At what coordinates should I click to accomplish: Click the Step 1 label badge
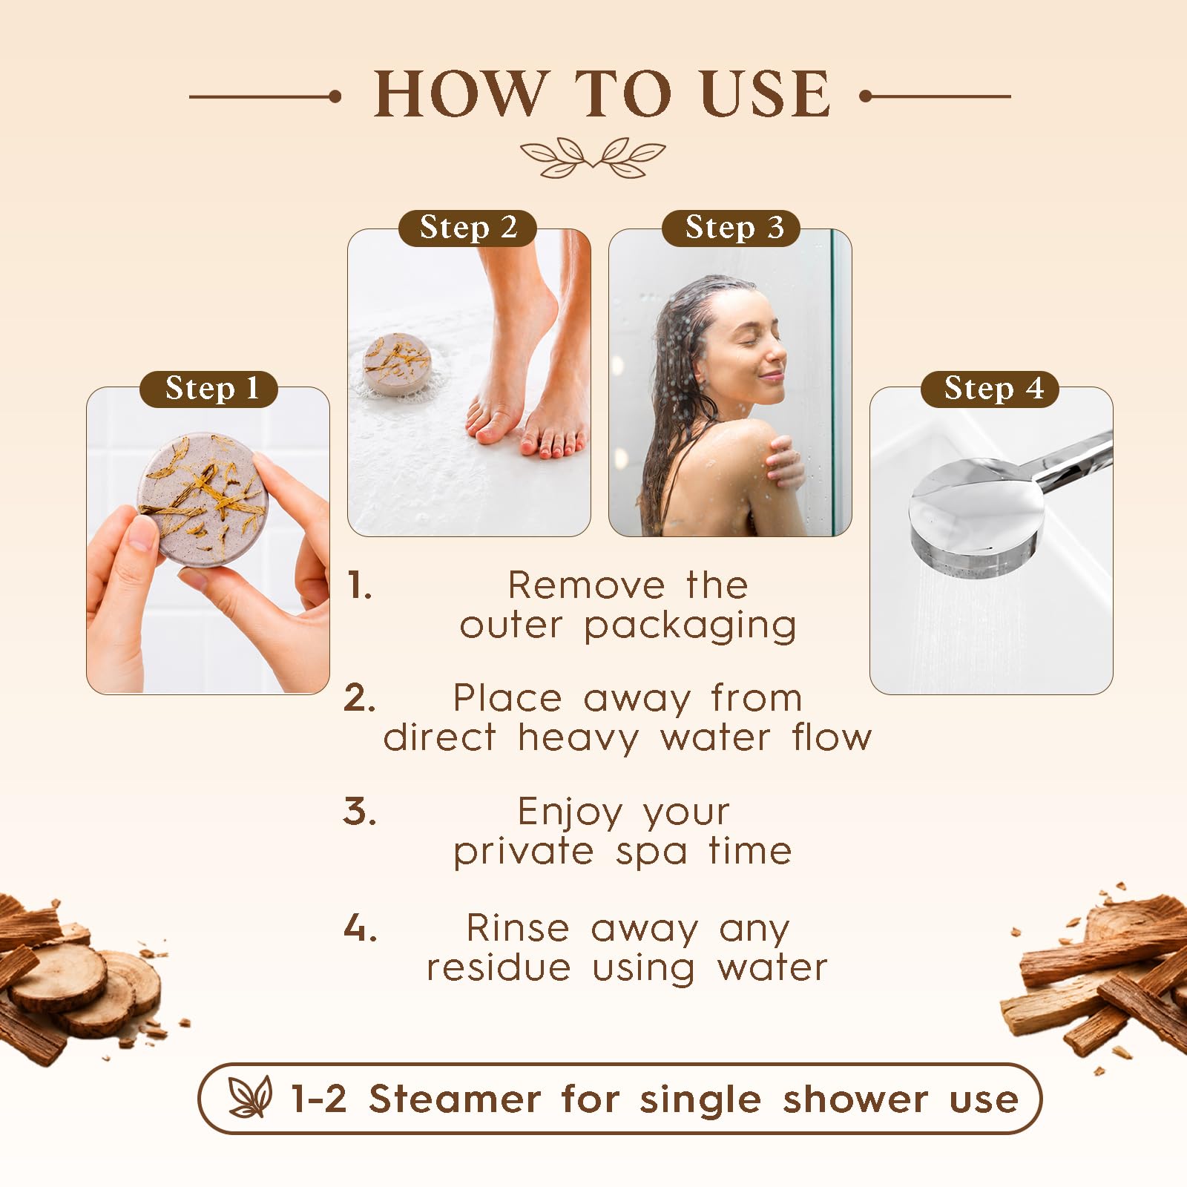208,389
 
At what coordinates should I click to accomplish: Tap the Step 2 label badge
467,228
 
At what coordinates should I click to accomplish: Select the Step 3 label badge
731,228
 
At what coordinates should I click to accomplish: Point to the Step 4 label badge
990,389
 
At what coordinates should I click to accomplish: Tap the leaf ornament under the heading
593,157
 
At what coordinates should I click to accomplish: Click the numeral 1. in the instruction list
360,586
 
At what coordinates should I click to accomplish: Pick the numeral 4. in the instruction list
361,929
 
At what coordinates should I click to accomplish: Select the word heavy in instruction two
577,738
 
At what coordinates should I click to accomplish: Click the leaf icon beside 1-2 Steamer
250,1097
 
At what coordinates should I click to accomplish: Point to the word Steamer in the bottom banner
455,1099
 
